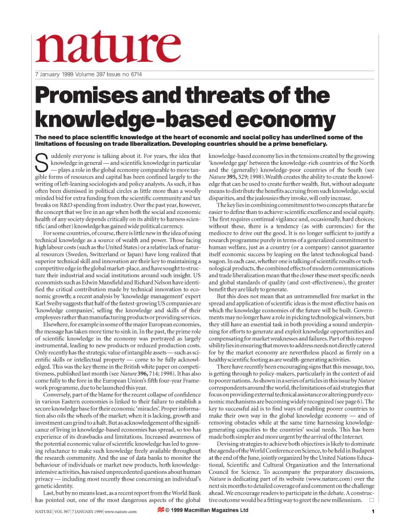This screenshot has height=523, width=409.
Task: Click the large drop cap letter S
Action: [41, 163]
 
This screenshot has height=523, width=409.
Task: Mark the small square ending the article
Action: [371, 501]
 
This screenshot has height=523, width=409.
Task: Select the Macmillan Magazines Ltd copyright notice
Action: [207, 511]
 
